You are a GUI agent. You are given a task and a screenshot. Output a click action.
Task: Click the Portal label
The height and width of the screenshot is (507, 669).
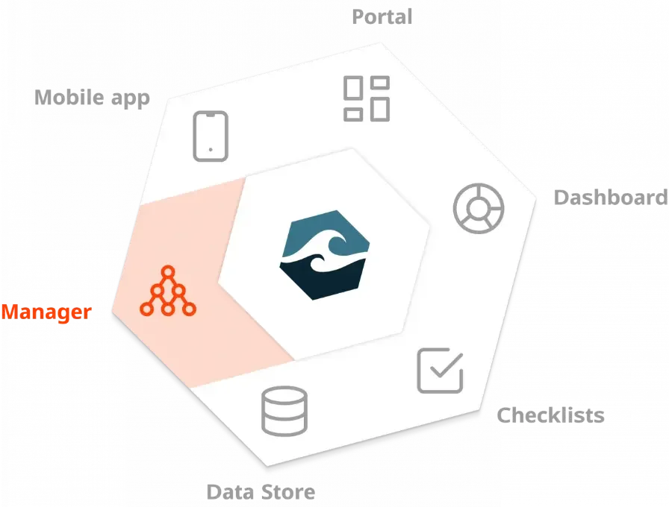[382, 17]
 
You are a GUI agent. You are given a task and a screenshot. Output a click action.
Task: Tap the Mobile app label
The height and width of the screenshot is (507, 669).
[92, 97]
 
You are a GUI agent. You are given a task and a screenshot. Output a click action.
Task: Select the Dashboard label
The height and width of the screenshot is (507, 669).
[610, 198]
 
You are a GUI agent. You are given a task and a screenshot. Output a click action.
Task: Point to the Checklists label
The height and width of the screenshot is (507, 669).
[551, 415]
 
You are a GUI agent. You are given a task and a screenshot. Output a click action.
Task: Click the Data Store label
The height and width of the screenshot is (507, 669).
[260, 492]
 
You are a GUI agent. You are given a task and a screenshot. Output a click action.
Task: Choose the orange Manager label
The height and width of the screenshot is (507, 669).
[46, 312]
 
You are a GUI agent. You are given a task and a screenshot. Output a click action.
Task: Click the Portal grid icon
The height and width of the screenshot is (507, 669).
[366, 98]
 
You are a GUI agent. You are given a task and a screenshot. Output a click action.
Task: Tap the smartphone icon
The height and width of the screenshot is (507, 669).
[210, 136]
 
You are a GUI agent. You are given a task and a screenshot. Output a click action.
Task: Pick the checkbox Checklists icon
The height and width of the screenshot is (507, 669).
[440, 370]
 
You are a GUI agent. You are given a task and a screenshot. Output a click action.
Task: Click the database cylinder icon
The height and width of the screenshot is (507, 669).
[284, 411]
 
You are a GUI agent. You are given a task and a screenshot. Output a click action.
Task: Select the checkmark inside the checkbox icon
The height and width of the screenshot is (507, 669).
[445, 365]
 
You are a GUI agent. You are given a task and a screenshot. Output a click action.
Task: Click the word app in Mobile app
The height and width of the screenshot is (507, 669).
[132, 98]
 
